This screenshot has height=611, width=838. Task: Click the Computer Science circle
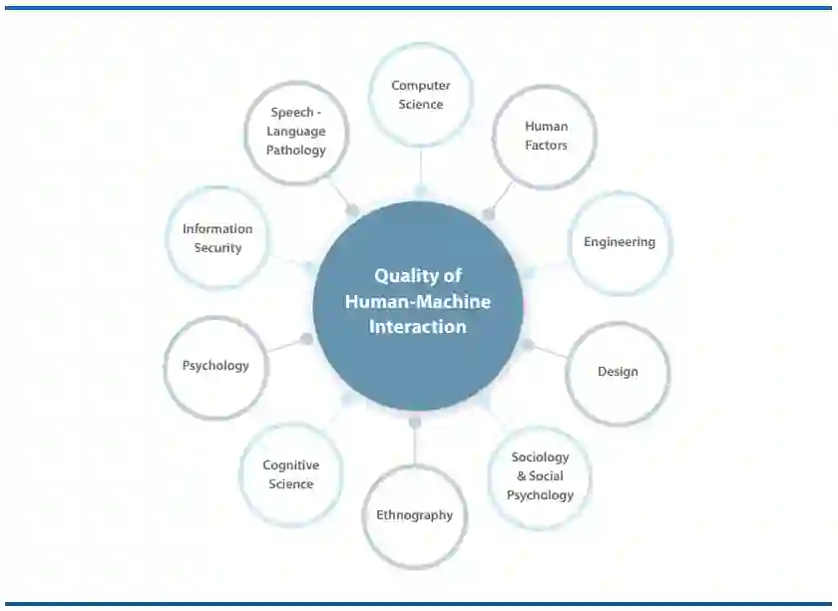(x=420, y=95)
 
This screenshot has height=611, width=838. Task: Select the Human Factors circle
(x=545, y=137)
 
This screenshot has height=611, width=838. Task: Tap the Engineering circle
(x=620, y=242)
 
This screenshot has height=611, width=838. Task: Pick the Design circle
(x=618, y=372)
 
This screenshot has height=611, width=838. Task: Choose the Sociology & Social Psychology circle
(x=540, y=476)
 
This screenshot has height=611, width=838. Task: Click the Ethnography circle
(x=414, y=515)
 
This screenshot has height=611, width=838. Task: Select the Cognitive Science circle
(x=290, y=474)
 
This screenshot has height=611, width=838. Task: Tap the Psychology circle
(x=215, y=366)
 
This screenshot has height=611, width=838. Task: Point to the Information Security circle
(x=217, y=238)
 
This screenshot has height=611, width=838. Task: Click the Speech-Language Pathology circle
(x=296, y=132)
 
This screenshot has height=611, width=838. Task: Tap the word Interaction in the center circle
(x=418, y=327)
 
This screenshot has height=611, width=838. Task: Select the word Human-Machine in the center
(x=418, y=301)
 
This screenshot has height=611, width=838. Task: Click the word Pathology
(x=296, y=151)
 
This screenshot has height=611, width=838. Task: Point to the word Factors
(x=546, y=146)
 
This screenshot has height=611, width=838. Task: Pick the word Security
(x=217, y=248)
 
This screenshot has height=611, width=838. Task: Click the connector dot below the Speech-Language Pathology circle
(x=352, y=210)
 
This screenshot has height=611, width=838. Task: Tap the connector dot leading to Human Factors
(x=489, y=213)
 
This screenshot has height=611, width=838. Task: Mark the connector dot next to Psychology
(x=306, y=339)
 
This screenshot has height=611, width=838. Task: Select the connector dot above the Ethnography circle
(x=415, y=423)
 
